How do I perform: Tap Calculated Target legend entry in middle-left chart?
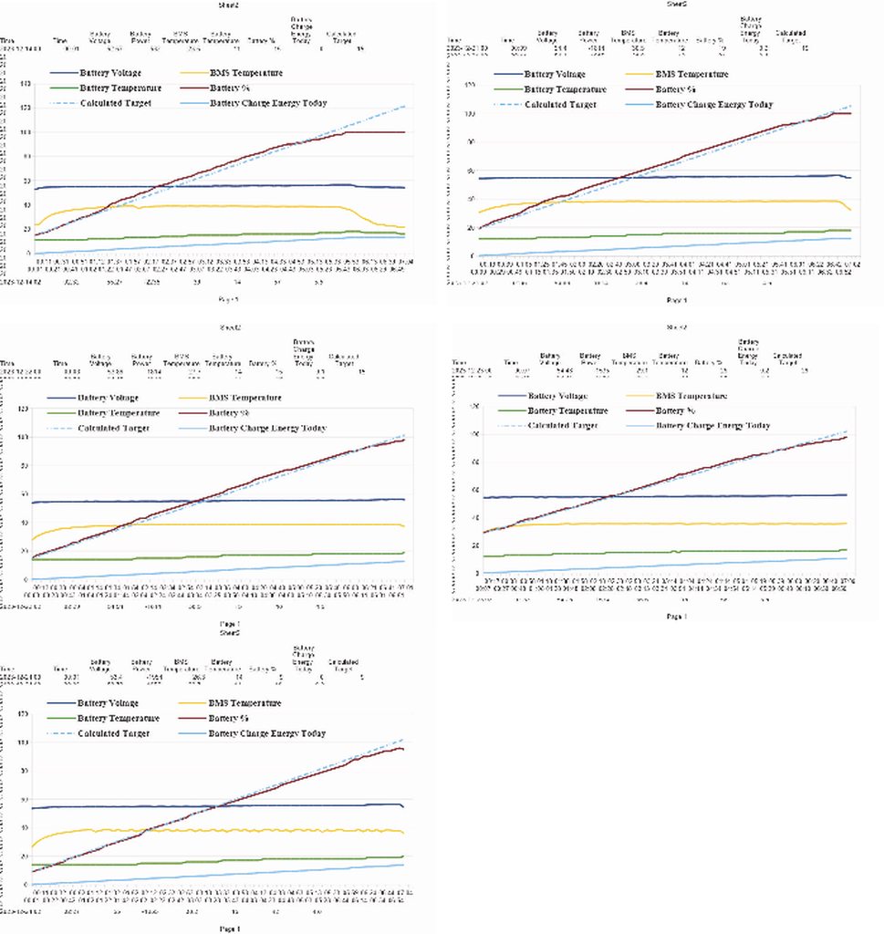point(114,428)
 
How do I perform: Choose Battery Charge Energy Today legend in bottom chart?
point(268,733)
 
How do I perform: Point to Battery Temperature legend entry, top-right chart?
point(566,89)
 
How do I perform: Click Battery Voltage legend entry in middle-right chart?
point(557,396)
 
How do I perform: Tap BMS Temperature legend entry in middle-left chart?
point(245,398)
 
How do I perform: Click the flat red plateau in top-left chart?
point(374,132)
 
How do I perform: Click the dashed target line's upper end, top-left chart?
point(401,108)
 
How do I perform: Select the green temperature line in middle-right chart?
point(675,552)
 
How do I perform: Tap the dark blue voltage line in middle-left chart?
point(219,500)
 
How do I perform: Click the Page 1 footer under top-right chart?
point(676,300)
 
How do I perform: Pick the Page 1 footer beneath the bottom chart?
point(230,928)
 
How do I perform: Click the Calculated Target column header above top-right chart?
point(790,34)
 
